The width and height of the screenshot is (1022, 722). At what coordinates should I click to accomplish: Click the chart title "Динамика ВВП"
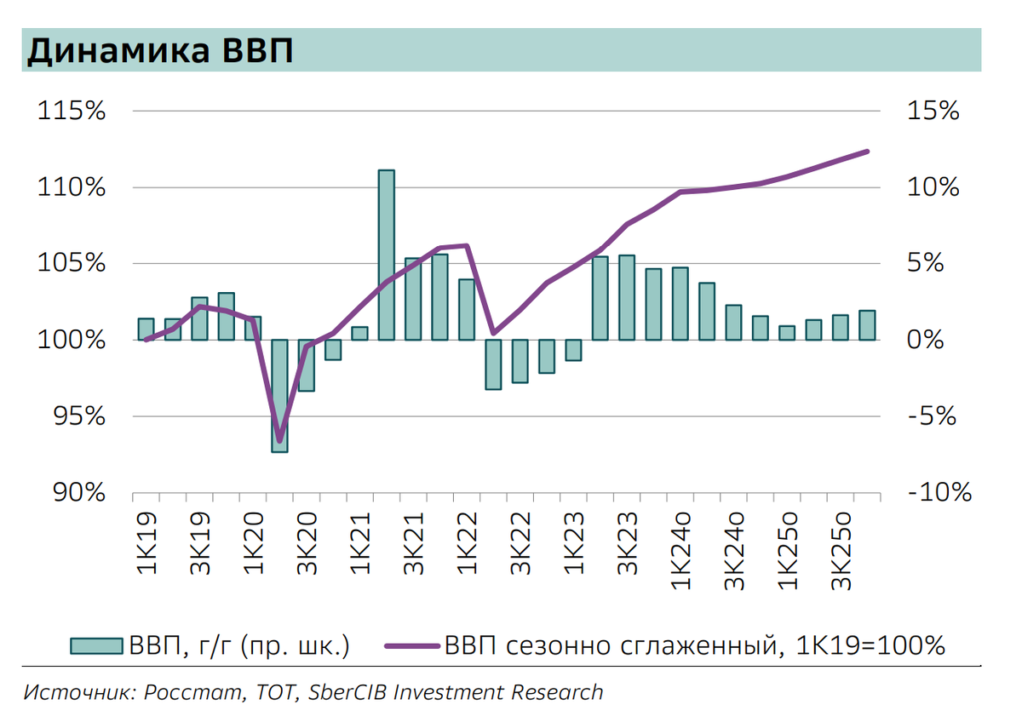click(x=161, y=51)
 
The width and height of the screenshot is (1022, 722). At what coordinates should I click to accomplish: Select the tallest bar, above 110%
click(x=386, y=255)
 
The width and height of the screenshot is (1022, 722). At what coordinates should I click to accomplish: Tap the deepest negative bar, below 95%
click(x=279, y=395)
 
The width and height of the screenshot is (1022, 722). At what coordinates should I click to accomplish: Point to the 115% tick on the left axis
click(x=71, y=112)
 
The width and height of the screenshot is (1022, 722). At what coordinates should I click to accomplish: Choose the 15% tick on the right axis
click(x=933, y=112)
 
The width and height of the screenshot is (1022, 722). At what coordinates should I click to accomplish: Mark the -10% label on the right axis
click(x=938, y=492)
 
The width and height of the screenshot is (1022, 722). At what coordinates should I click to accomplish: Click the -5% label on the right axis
click(x=933, y=416)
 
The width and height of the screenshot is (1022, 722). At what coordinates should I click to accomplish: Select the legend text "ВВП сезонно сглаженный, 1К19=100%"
click(x=694, y=646)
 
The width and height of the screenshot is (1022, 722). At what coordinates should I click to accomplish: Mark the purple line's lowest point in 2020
click(x=279, y=441)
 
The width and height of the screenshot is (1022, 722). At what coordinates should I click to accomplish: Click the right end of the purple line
click(x=867, y=152)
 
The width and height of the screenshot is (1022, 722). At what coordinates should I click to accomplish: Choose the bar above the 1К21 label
click(x=359, y=333)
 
